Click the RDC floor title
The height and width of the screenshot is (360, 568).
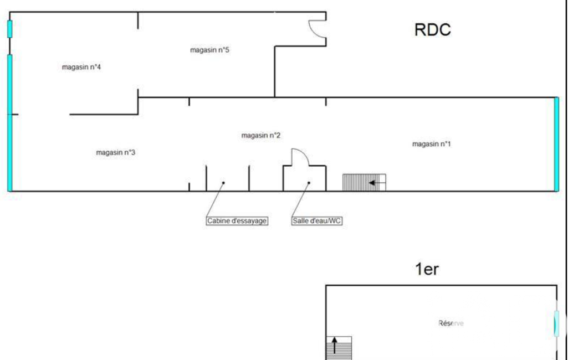pyautogui.click(x=432, y=30)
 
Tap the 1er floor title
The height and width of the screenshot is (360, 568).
pyautogui.click(x=427, y=270)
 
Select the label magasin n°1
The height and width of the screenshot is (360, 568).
pyautogui.click(x=431, y=144)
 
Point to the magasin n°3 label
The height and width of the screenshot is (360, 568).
pyautogui.click(x=116, y=153)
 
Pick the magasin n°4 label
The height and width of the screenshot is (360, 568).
pyautogui.click(x=81, y=67)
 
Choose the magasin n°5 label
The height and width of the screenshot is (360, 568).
pyautogui.click(x=209, y=50)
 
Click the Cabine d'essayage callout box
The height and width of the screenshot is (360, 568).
pyautogui.click(x=237, y=221)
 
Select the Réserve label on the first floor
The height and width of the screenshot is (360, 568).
pyautogui.click(x=451, y=323)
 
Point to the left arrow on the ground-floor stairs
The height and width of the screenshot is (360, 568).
pyautogui.click(x=377, y=182)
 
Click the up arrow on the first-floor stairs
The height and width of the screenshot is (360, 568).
pyautogui.click(x=335, y=346)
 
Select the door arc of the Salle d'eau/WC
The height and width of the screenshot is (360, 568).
pyautogui.click(x=300, y=156)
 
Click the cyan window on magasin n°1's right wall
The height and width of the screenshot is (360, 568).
pyautogui.click(x=556, y=144)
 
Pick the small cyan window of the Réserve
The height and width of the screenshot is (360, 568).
pyautogui.click(x=556, y=324)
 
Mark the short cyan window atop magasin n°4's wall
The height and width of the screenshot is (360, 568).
pyautogui.click(x=9, y=29)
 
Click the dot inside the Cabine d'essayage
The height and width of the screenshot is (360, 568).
pyautogui.click(x=223, y=182)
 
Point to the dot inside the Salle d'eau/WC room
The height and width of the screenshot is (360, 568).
pyautogui.click(x=309, y=182)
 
